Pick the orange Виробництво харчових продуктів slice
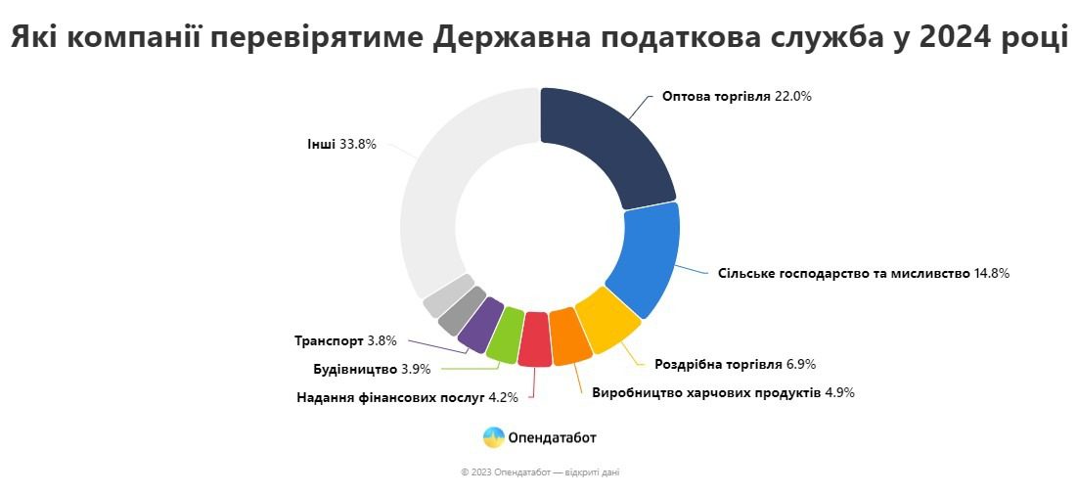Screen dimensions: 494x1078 point(567,337)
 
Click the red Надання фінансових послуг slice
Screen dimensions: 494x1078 point(535,339)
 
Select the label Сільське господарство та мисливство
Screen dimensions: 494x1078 point(842,273)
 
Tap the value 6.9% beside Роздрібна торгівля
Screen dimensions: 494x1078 point(801,365)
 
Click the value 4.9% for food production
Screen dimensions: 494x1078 point(840,392)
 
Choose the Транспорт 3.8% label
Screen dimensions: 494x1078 point(346,341)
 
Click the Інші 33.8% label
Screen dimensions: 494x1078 point(341,144)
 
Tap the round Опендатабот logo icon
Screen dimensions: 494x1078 point(494,437)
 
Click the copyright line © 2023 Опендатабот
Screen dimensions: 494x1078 point(540,472)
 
